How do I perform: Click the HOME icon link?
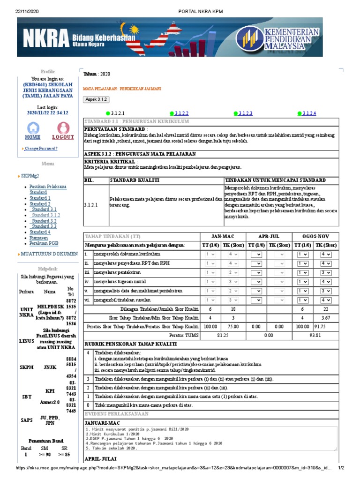click(x=33, y=130)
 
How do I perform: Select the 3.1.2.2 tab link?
click(x=181, y=113)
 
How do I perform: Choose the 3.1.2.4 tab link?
click(x=309, y=113)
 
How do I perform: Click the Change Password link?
click(x=41, y=149)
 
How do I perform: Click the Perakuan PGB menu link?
click(x=44, y=243)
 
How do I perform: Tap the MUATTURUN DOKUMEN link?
click(x=49, y=254)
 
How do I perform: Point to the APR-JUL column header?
click(x=269, y=236)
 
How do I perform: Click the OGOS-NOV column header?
click(x=315, y=236)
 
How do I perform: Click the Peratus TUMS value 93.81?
click(x=315, y=335)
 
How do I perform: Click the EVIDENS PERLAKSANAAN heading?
click(x=116, y=414)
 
